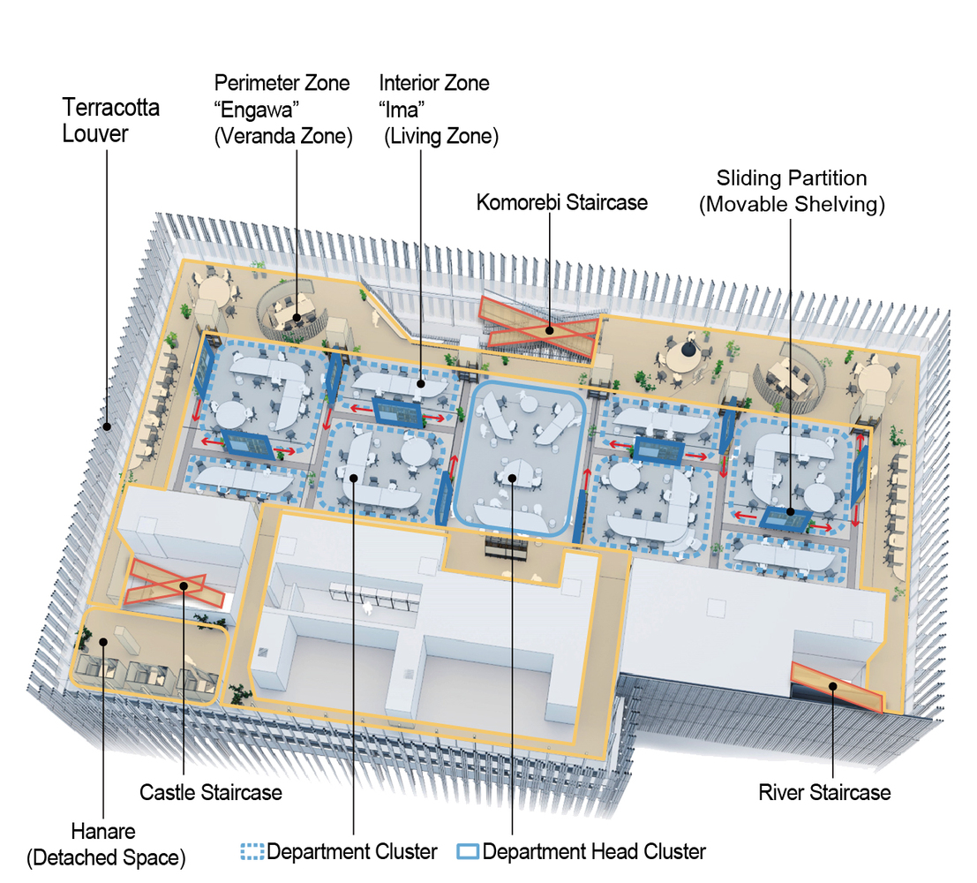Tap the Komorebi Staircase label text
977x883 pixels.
point(561,202)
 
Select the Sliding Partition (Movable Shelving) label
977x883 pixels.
point(792,192)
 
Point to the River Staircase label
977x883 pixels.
point(824,792)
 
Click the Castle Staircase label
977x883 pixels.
point(211,792)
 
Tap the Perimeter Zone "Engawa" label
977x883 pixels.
point(282,109)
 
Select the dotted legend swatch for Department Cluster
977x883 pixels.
point(252,852)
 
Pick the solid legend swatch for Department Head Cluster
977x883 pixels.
point(468,852)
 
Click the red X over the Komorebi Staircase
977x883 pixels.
point(539,326)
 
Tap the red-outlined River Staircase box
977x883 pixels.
point(836,686)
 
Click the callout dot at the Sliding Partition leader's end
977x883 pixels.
point(790,513)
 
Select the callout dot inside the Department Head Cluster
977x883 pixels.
point(512,477)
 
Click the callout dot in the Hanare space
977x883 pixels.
point(104,642)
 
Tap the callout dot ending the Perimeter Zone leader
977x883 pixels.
point(297,318)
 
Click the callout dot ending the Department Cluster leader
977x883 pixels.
point(353,478)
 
